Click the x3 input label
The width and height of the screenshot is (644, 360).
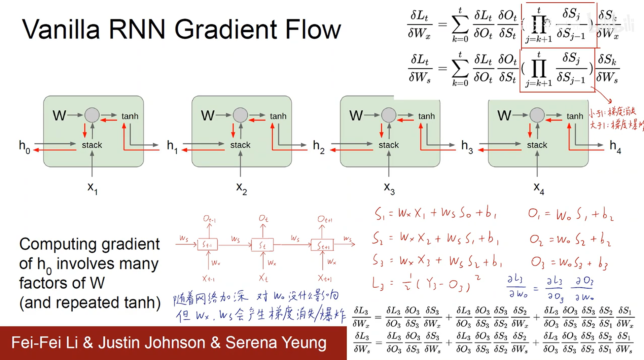tap(389, 188)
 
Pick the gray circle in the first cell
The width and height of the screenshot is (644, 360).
tap(92, 115)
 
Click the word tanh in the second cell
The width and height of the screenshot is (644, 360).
tap(278, 116)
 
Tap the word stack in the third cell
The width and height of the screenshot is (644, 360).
tap(389, 145)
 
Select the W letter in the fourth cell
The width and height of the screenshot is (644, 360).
tap(504, 116)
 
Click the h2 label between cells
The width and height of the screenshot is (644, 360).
tap(318, 147)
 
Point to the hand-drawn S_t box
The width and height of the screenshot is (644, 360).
tap(262, 245)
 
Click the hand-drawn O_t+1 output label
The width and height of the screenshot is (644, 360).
tap(325, 219)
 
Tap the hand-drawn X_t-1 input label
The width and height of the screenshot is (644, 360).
tap(208, 279)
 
